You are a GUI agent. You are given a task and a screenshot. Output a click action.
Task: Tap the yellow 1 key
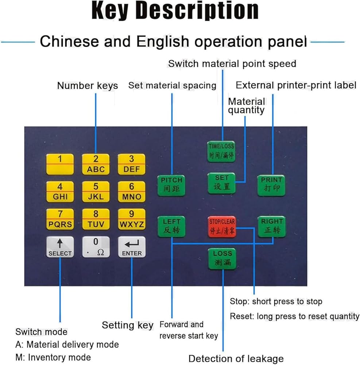tap(60, 164)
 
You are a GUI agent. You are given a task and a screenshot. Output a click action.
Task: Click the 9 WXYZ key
tap(132, 219)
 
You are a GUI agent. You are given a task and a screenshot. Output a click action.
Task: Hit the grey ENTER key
tap(132, 247)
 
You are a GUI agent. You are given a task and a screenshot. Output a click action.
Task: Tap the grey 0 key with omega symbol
tap(96, 247)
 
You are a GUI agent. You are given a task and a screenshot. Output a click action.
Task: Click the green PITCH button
tap(171, 185)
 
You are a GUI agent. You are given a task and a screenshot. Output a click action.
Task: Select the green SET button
tap(222, 183)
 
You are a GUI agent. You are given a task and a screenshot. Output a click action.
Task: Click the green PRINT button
tap(271, 185)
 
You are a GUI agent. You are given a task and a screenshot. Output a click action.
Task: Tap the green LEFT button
tap(171, 227)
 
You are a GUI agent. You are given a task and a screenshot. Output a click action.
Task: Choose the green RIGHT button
tap(272, 227)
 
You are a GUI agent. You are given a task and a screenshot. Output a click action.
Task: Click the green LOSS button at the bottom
tap(222, 259)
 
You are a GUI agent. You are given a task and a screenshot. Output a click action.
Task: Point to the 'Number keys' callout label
tap(88, 86)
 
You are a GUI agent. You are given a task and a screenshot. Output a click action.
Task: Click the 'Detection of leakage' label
tap(236, 359)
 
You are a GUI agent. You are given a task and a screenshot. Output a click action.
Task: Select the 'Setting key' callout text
tap(128, 325)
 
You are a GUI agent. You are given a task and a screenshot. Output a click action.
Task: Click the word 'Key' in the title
tap(110, 11)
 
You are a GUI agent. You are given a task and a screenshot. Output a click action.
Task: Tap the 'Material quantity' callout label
tap(247, 106)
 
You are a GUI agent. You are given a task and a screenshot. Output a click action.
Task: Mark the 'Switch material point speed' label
tap(232, 64)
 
